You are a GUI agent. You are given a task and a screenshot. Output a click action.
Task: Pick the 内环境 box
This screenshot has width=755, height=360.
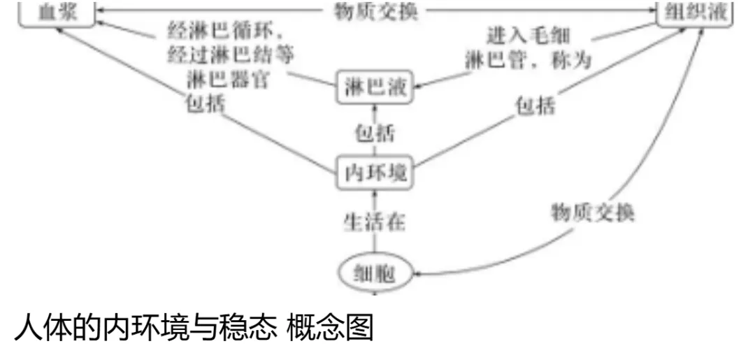click(375, 172)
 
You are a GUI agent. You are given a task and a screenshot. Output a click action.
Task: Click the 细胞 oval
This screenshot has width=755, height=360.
click(375, 273)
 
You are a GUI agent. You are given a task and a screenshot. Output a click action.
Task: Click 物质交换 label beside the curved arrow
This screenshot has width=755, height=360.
click(593, 212)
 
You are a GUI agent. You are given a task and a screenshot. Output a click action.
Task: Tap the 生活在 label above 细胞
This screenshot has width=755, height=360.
click(375, 222)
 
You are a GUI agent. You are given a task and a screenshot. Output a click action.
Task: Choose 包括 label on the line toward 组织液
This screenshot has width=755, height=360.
click(535, 106)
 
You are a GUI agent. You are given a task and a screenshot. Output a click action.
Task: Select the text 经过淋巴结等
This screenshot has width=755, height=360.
click(231, 55)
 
